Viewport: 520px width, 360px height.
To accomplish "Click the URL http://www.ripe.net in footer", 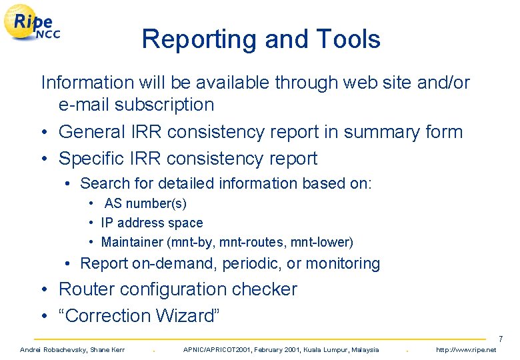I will click(x=466, y=350).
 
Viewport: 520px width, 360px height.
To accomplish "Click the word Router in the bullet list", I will click(x=85, y=289).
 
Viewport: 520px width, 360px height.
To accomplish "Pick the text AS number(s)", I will click(x=145, y=203).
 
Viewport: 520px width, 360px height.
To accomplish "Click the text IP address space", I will click(x=152, y=223).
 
